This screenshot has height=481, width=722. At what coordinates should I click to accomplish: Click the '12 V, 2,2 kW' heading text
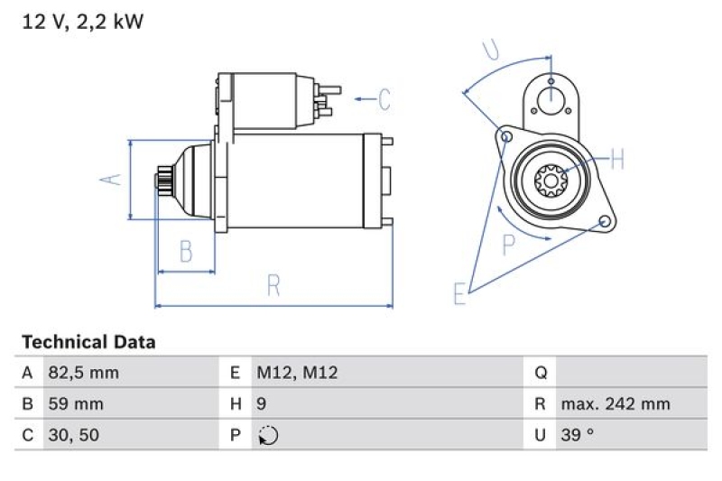pyautogui.click(x=82, y=23)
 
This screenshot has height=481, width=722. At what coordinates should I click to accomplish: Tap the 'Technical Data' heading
pyautogui.click(x=88, y=342)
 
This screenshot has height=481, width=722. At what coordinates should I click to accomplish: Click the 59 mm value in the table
pyautogui.click(x=75, y=403)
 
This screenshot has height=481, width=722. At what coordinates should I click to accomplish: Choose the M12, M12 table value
pyautogui.click(x=297, y=373)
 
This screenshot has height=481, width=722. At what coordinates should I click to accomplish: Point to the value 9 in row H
pyautogui.click(x=262, y=403)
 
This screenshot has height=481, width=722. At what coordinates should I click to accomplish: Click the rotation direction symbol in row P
pyautogui.click(x=267, y=435)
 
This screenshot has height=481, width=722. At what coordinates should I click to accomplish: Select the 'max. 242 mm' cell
pyautogui.click(x=616, y=403)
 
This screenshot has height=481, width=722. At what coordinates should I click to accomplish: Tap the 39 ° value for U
pyautogui.click(x=578, y=435)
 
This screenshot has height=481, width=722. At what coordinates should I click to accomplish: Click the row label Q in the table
pyautogui.click(x=541, y=373)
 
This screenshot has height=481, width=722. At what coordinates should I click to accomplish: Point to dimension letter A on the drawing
pyautogui.click(x=109, y=179)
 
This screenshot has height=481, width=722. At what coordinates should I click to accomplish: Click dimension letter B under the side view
pyautogui.click(x=186, y=252)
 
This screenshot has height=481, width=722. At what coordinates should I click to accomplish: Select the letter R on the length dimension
pyautogui.click(x=274, y=286)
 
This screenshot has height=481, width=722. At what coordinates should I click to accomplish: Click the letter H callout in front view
pyautogui.click(x=617, y=161)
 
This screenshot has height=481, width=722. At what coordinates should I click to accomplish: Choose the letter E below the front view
pyautogui.click(x=460, y=293)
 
